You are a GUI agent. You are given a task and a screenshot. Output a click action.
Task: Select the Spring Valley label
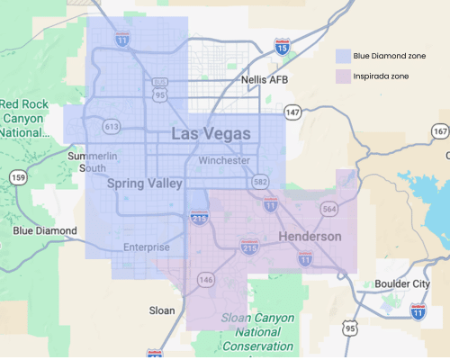pyautogui.click(x=144, y=184)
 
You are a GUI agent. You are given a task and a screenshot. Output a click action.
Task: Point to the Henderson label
pyautogui.click(x=310, y=237)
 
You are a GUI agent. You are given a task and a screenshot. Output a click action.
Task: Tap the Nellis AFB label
pyautogui.click(x=265, y=80)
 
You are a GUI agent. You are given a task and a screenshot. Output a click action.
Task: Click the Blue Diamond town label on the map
pyautogui.click(x=44, y=231)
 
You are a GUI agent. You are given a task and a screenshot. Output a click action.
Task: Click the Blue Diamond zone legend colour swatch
pyautogui.click(x=343, y=55)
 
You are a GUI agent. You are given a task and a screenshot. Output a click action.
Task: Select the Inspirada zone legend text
pyautogui.click(x=382, y=76)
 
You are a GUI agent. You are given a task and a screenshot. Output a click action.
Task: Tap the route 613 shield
pyautogui.click(x=112, y=127)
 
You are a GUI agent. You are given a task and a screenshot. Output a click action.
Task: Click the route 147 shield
pyautogui.click(x=292, y=112)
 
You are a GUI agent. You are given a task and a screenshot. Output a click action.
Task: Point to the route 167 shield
pyautogui.click(x=439, y=132)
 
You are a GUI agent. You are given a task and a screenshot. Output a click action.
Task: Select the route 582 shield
pyautogui.click(x=260, y=182)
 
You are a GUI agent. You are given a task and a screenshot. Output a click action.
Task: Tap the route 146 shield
pyautogui.click(x=206, y=281)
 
